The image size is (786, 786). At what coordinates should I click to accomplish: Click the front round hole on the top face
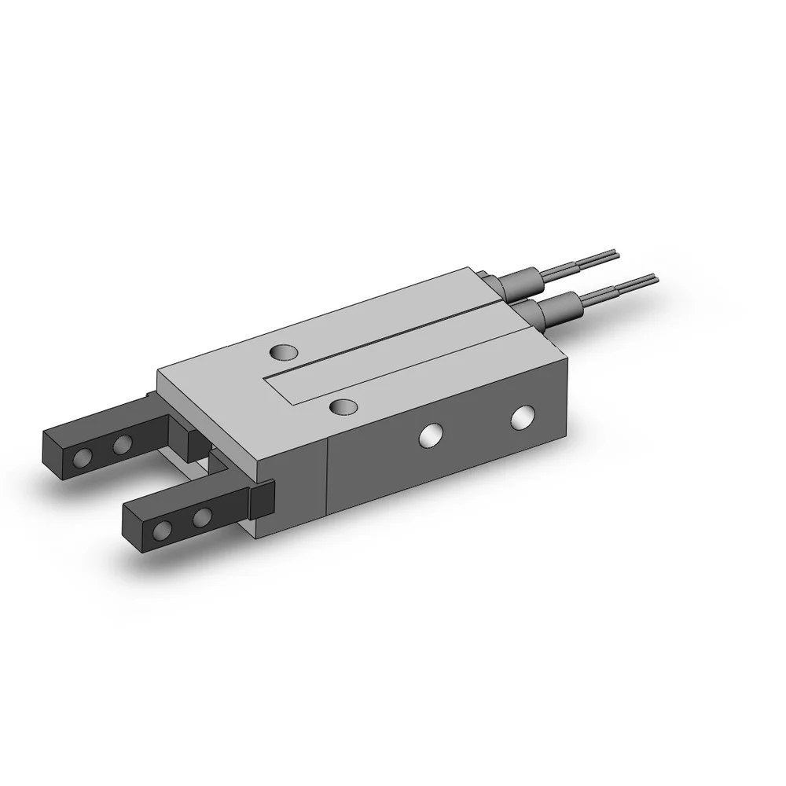342,406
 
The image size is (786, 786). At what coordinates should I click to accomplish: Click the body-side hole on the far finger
122,446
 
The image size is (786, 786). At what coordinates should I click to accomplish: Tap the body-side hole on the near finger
202,517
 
